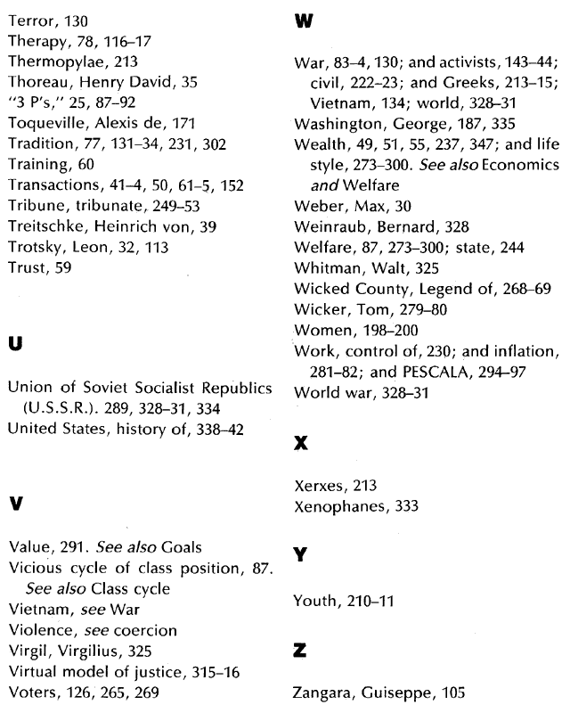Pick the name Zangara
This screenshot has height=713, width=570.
pos(322,690)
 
